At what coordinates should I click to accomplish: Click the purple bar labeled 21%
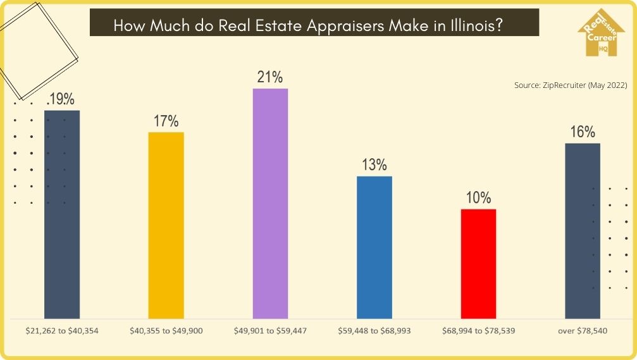(x=270, y=202)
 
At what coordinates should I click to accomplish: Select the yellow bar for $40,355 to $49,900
(x=166, y=225)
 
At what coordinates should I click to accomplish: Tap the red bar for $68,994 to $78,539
(x=479, y=263)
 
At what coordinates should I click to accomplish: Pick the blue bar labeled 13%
(x=374, y=247)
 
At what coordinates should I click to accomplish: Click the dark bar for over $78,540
(x=582, y=230)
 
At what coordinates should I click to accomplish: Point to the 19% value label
(x=61, y=99)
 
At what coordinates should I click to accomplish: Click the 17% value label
(x=166, y=121)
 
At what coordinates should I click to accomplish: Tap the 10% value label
(x=479, y=197)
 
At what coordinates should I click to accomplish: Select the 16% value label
(x=582, y=132)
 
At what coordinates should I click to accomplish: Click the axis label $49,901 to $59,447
(x=270, y=330)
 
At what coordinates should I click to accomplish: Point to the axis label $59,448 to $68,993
(x=374, y=330)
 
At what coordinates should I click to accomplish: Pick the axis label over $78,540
(x=582, y=330)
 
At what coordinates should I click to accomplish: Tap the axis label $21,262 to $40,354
(x=62, y=330)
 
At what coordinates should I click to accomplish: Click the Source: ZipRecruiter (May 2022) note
(x=570, y=85)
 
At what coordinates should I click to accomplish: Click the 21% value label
(x=270, y=77)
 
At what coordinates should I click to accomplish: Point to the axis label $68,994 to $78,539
(x=479, y=330)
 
